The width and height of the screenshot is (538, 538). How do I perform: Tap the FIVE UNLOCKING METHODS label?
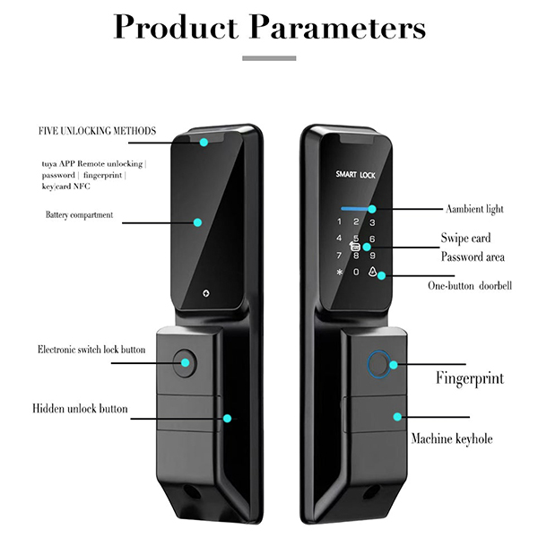[97, 131]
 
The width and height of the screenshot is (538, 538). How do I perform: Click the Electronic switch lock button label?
[91, 349]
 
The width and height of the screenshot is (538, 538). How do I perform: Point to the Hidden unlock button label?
[81, 409]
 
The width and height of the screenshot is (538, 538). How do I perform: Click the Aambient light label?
[474, 209]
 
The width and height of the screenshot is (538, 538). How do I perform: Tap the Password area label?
[473, 257]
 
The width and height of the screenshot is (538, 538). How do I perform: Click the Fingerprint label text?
[470, 377]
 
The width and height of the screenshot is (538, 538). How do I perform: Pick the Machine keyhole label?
[452, 439]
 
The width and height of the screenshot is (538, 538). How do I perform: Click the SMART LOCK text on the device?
[355, 174]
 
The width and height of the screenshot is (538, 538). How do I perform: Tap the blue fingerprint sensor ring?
[377, 366]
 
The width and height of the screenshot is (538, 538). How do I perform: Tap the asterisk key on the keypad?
[339, 273]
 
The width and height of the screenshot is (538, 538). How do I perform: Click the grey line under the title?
[269, 58]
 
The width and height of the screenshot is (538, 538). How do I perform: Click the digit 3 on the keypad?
[373, 222]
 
